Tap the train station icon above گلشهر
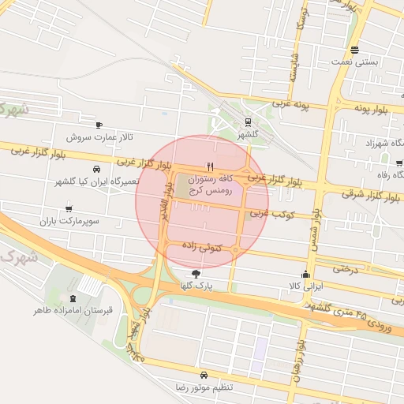[249, 122]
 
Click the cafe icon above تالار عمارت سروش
[99, 125]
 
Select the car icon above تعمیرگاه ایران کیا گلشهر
[96, 170]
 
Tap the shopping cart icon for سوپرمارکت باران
[69, 209]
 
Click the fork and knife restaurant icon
[209, 166]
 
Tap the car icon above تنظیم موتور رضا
[204, 375]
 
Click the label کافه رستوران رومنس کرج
[214, 185]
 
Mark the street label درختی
[346, 268]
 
